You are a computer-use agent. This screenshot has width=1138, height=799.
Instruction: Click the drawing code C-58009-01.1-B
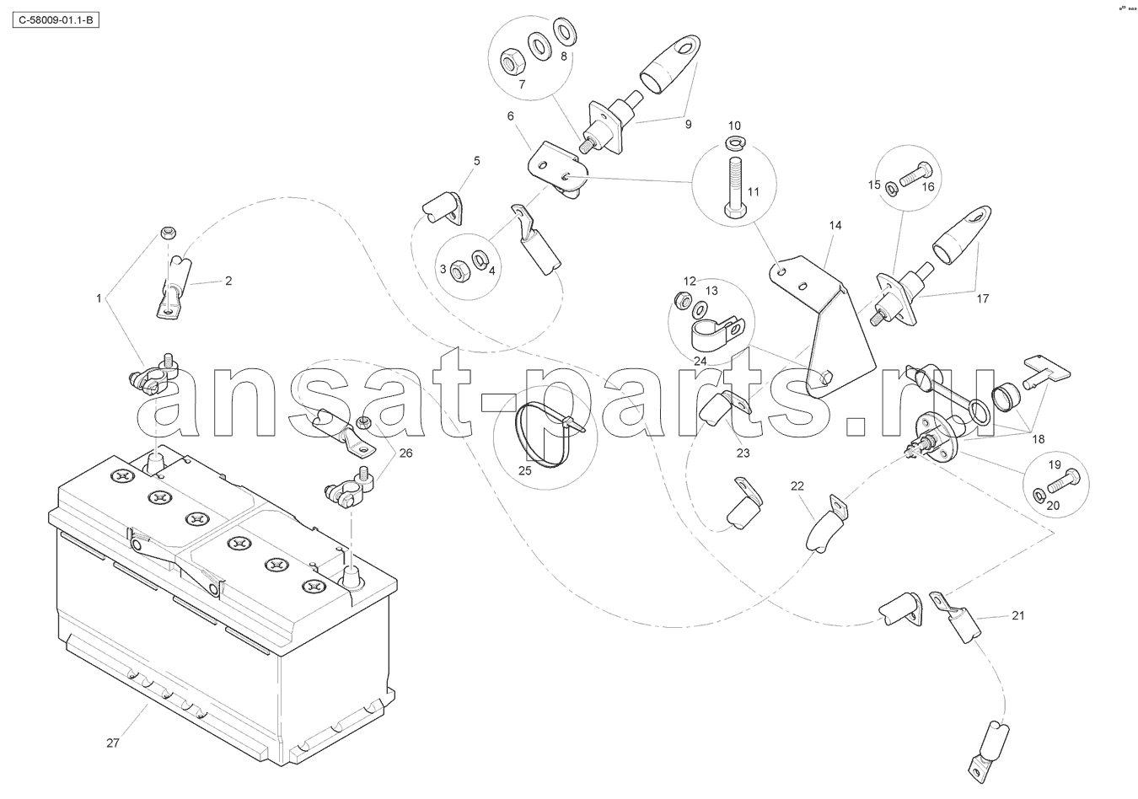pyautogui.click(x=56, y=20)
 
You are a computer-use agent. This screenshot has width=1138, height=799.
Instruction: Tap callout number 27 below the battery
pyautogui.click(x=113, y=743)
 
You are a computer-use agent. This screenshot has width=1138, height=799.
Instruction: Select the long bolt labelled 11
pyautogui.click(x=733, y=187)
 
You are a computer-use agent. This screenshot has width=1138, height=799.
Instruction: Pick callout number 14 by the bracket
pyautogui.click(x=835, y=225)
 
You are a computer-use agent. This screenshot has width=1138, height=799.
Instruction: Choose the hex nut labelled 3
pyautogui.click(x=460, y=271)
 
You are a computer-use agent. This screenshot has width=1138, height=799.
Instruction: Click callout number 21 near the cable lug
pyautogui.click(x=1018, y=615)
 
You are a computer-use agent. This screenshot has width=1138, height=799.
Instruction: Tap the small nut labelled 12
pyautogui.click(x=682, y=300)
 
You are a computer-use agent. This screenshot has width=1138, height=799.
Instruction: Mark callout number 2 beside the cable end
pyautogui.click(x=228, y=281)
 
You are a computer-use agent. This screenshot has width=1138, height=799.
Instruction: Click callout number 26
pyautogui.click(x=406, y=453)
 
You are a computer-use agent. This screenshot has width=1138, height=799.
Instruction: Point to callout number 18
pyautogui.click(x=1039, y=439)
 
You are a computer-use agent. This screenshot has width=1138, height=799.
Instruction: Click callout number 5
pyautogui.click(x=476, y=161)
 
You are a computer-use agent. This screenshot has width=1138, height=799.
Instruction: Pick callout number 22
pyautogui.click(x=797, y=486)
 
